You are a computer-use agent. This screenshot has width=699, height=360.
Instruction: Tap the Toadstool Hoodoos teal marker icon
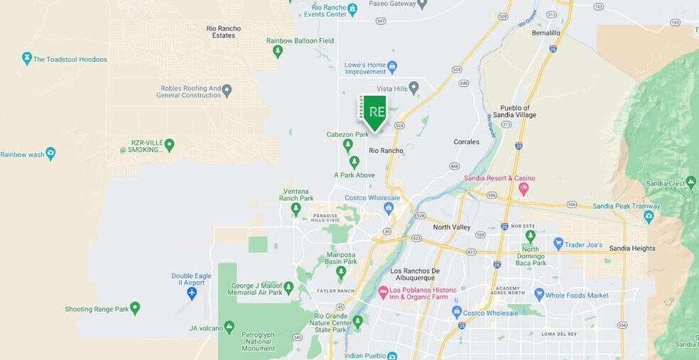tap(27, 58)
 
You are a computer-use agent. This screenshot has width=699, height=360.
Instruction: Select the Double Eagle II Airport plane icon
tap(191, 293)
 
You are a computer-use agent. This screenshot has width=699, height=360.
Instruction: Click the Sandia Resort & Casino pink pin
tap(524, 189)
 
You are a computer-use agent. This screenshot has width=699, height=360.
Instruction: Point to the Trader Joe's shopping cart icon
tap(558, 244)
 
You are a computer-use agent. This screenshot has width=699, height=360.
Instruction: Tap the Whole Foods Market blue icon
tap(539, 295)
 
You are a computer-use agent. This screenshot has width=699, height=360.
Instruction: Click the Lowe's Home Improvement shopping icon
tap(392, 67)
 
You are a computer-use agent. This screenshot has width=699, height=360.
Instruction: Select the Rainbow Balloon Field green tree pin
tap(278, 51)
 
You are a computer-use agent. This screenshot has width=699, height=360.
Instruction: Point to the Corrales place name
tap(467, 142)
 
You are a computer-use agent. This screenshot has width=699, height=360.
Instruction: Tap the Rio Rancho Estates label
tap(224, 33)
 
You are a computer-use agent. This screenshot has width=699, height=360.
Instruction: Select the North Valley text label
tap(452, 227)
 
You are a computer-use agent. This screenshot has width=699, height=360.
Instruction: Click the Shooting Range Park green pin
tap(135, 308)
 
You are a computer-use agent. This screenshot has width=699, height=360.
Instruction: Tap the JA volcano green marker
tap(229, 327)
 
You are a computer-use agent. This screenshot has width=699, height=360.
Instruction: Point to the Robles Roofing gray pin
tap(227, 91)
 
